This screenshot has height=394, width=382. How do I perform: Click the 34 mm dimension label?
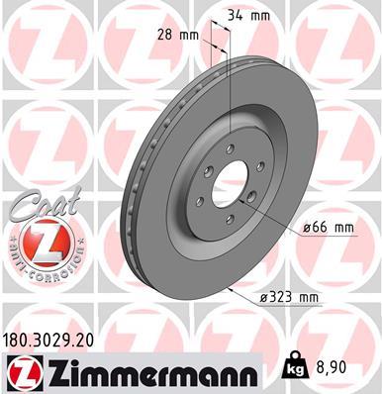[x=249, y=16]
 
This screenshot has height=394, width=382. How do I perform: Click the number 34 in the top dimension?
[x=237, y=16]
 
